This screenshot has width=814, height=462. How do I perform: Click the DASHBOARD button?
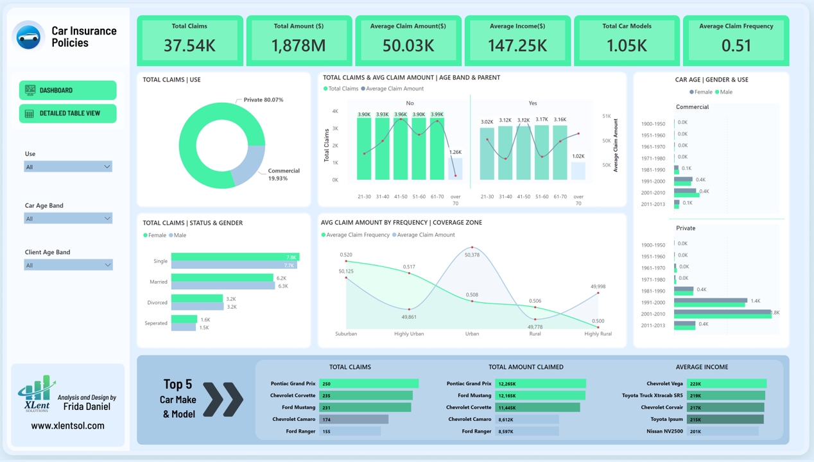[67, 90]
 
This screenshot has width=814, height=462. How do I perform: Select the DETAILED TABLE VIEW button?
[67, 114]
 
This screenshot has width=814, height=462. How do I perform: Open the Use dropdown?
[68, 167]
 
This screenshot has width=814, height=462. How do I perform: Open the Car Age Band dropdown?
[68, 219]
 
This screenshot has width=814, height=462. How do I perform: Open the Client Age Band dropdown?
[68, 265]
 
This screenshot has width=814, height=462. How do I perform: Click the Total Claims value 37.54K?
[189, 46]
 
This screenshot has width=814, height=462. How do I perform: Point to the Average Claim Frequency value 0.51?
[736, 46]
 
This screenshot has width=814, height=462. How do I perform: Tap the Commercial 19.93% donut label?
[283, 175]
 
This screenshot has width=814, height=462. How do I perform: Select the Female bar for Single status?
[235, 257]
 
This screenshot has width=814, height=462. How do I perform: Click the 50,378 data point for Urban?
[472, 247]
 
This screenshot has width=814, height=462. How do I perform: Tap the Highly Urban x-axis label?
[409, 334]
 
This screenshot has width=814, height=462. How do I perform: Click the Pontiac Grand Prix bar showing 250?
[369, 384]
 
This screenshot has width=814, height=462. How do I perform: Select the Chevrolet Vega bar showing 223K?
[727, 384]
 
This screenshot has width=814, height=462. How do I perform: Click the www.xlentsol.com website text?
[67, 425]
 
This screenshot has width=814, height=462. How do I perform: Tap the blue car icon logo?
[29, 37]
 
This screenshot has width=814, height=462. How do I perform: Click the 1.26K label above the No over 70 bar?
[455, 152]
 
